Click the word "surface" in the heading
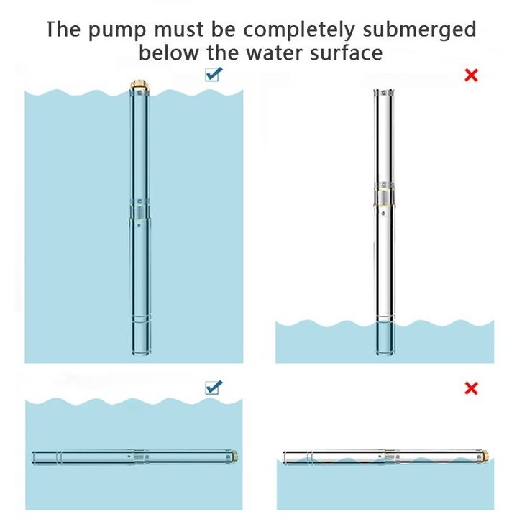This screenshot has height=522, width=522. point(345,53)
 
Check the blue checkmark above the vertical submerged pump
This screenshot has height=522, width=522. point(214,73)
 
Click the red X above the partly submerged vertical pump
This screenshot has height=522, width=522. point(471,75)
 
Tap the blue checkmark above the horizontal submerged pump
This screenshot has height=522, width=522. point(214,387)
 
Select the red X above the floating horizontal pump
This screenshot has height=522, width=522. point(471,389)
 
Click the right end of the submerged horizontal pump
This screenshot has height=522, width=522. point(234,456)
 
